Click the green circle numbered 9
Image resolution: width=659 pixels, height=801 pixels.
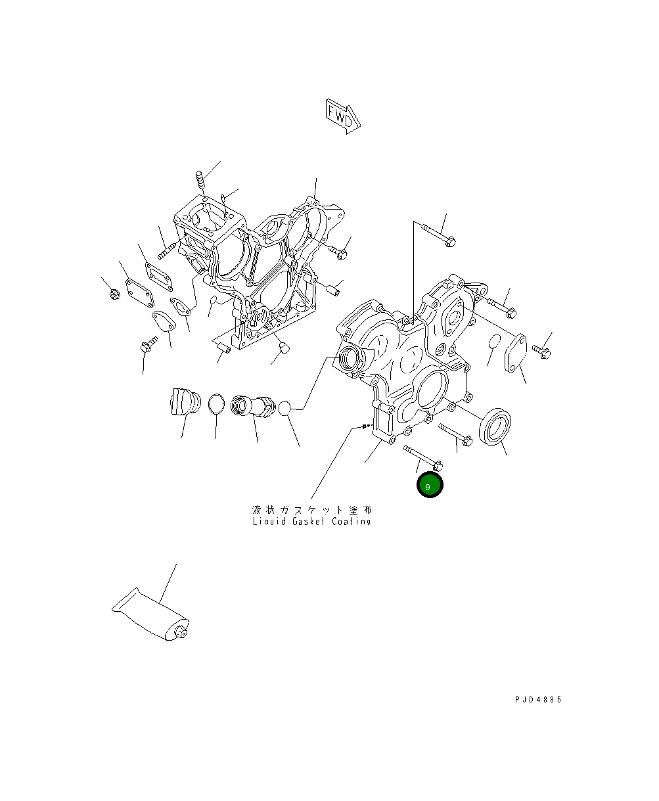click(430, 485)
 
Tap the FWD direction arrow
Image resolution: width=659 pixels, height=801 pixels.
click(342, 116)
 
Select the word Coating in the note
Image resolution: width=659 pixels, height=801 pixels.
click(352, 522)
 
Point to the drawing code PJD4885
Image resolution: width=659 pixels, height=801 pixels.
click(538, 700)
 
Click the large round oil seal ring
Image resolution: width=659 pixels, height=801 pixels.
click(495, 426)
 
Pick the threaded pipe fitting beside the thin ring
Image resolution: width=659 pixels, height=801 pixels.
click(253, 405)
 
